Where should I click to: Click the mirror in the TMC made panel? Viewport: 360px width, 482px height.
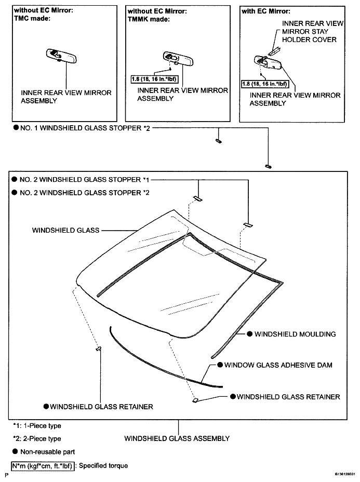pyautogui.click(x=61, y=56)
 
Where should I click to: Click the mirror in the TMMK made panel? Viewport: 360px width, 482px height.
pyautogui.click(x=178, y=58)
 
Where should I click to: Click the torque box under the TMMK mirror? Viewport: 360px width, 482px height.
pyautogui.click(x=154, y=79)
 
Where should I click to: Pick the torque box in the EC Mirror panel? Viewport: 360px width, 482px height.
pyautogui.click(x=264, y=84)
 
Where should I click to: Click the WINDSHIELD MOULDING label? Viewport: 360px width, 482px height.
pyautogui.click(x=295, y=334)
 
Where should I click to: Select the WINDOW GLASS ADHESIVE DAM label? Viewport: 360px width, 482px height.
pyautogui.click(x=278, y=365)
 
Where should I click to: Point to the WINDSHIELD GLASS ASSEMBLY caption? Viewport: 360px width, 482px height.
pyautogui.click(x=177, y=438)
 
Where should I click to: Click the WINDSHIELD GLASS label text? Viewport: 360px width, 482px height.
pyautogui.click(x=66, y=230)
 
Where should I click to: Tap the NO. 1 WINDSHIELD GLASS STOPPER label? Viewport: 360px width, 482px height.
pyautogui.click(x=85, y=128)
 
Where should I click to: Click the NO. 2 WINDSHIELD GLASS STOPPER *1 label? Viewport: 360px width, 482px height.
pyautogui.click(x=85, y=180)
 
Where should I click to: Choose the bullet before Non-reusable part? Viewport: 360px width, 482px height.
pyautogui.click(x=15, y=451)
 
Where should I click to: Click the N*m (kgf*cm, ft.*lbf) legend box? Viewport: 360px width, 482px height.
pyautogui.click(x=43, y=466)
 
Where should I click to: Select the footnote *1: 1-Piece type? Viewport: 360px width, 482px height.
pyautogui.click(x=37, y=426)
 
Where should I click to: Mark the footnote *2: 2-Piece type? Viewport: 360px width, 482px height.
pyautogui.click(x=37, y=439)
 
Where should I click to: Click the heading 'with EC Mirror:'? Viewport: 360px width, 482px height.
pyautogui.click(x=266, y=11)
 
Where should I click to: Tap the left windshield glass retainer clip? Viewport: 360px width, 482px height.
pyautogui.click(x=99, y=349)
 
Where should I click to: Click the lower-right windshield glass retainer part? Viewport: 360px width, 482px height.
pyautogui.click(x=195, y=400)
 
